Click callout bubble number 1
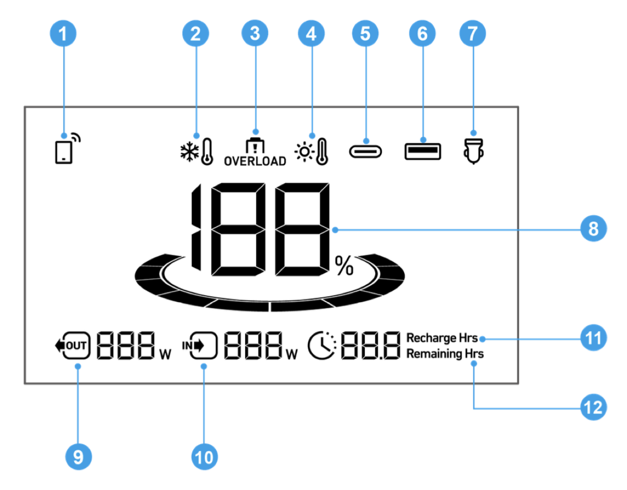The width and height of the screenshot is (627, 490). coord(63,33)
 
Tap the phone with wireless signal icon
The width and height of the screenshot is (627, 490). coord(67,149)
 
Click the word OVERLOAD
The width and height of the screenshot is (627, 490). coord(255,161)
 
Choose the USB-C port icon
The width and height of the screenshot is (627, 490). coord(365,151)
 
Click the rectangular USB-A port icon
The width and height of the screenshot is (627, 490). coord(422,151)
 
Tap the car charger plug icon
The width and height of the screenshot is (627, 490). coord(473,151)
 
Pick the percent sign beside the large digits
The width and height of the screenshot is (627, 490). coord(344,265)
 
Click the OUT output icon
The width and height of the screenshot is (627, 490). coord(73,345)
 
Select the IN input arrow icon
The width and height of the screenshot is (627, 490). coord(200,345)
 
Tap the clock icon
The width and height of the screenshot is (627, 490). coord(322,345)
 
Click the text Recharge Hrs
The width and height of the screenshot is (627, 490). coord(442,337)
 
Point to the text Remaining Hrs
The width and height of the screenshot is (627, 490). coord(445,354)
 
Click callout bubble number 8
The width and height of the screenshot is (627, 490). coord(594,228)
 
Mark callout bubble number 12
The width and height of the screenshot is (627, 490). coord(594,407)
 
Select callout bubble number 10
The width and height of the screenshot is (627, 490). coord(204,457)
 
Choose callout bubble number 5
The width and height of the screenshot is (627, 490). coord(365,33)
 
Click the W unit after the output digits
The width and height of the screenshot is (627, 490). coord(165,355)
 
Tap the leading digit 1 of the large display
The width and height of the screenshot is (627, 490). coord(196,227)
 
